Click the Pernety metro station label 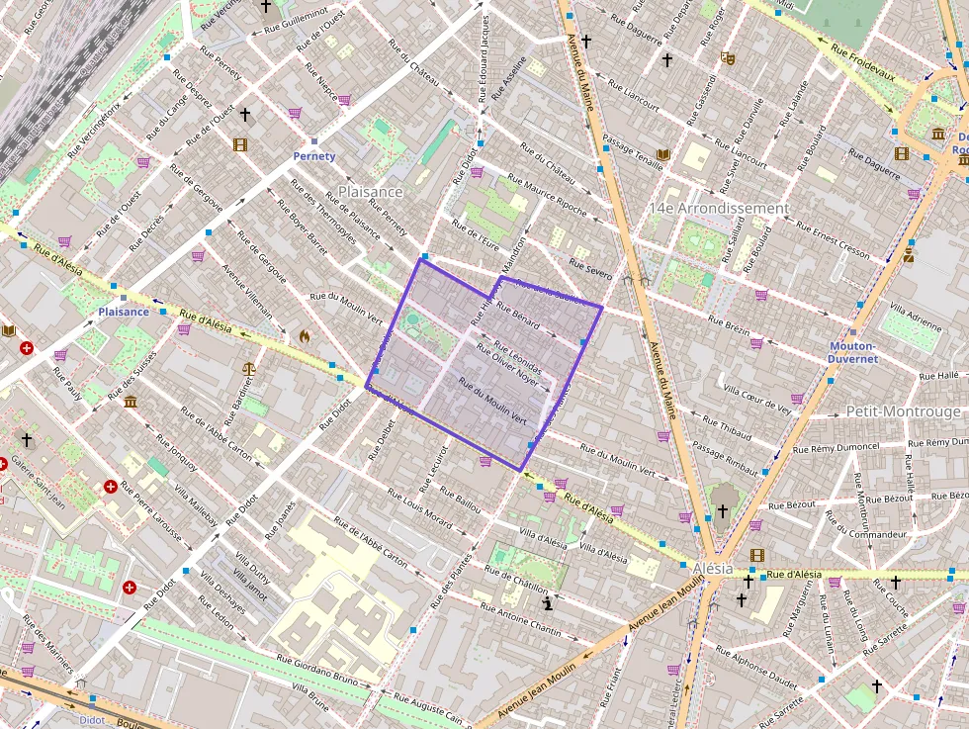tap(314, 156)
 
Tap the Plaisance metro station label tap(124, 312)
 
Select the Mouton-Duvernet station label tap(852, 353)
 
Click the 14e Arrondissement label tap(718, 209)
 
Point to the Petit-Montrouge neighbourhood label tap(903, 410)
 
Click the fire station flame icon tap(305, 336)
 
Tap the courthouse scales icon tap(248, 368)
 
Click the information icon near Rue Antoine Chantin tap(547, 601)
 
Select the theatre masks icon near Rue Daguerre tap(728, 58)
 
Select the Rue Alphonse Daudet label tap(756, 668)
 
